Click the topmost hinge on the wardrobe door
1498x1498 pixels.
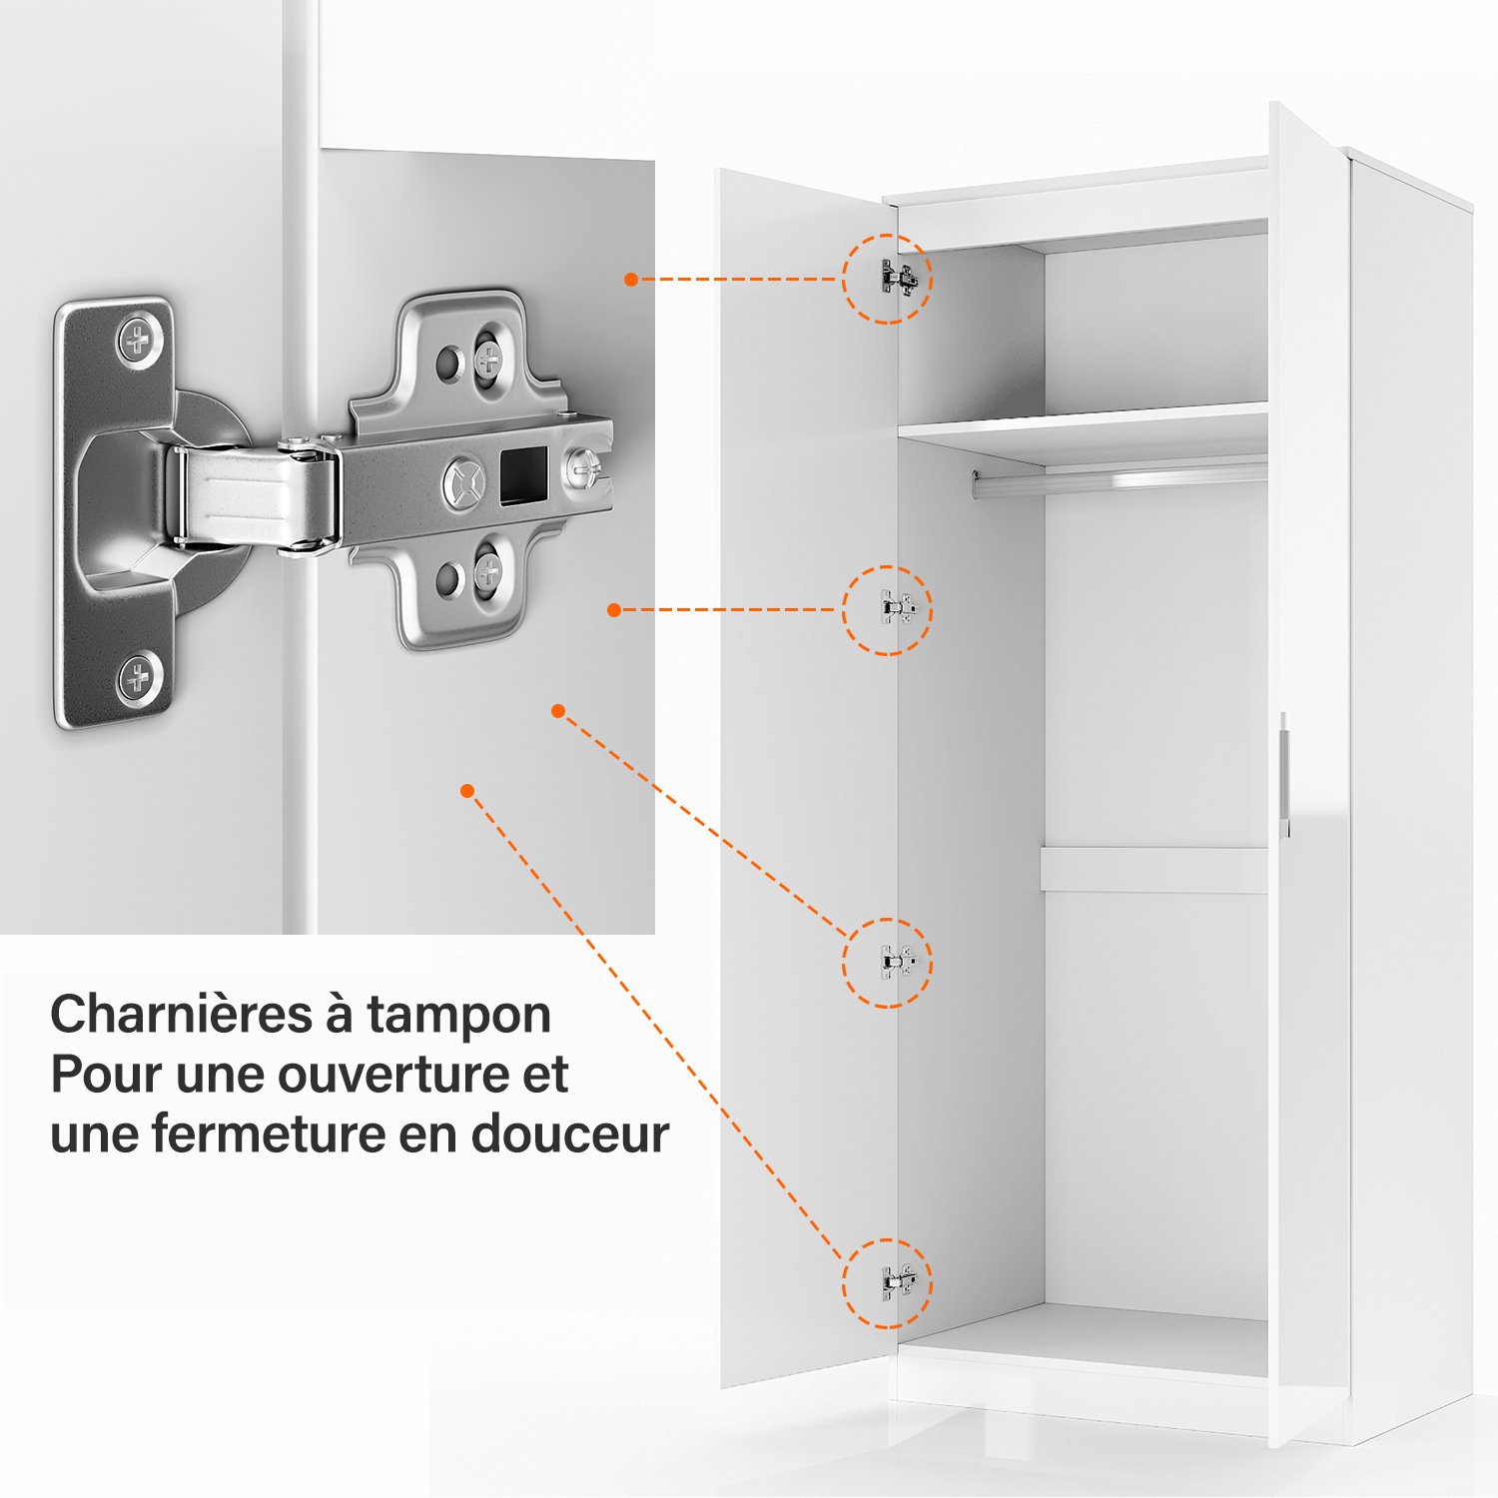pyautogui.click(x=899, y=278)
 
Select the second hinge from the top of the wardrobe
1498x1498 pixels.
pyautogui.click(x=898, y=607)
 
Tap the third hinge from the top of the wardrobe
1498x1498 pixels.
pyautogui.click(x=898, y=962)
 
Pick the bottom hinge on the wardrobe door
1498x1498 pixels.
pyautogui.click(x=898, y=1281)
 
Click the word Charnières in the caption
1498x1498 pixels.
pyautogui.click(x=182, y=1015)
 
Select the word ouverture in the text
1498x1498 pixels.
pyautogui.click(x=394, y=1076)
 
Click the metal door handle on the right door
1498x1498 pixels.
pyautogui.click(x=1284, y=774)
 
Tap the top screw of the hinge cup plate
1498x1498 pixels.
pyautogui.click(x=139, y=341)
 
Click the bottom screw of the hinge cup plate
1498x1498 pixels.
pyautogui.click(x=139, y=679)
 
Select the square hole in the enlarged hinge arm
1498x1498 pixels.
pyautogui.click(x=523, y=474)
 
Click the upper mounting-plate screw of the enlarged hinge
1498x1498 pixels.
pyautogui.click(x=488, y=358)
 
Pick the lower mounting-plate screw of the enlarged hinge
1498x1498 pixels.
pyautogui.click(x=488, y=571)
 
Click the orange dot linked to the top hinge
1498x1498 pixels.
pyautogui.click(x=631, y=280)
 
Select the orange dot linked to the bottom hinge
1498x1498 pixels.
pyautogui.click(x=467, y=791)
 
